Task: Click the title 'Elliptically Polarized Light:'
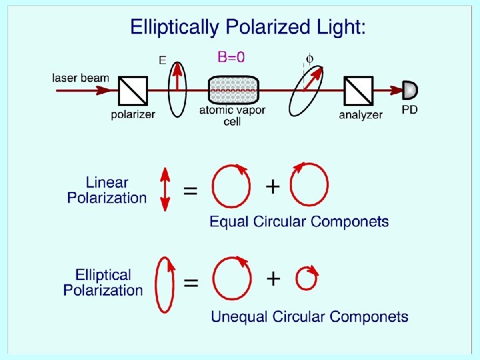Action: pyautogui.click(x=248, y=27)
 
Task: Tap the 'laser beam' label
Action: pyautogui.click(x=81, y=78)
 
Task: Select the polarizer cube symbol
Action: pyautogui.click(x=132, y=91)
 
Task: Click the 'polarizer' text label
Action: pyautogui.click(x=133, y=114)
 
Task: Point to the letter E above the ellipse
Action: pyautogui.click(x=162, y=60)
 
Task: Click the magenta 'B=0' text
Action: pyautogui.click(x=231, y=57)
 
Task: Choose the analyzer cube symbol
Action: pyautogui.click(x=359, y=91)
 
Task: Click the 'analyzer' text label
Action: pyautogui.click(x=361, y=115)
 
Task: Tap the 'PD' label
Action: pyautogui.click(x=409, y=109)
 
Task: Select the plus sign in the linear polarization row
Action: pyautogui.click(x=272, y=187)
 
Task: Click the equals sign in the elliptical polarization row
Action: pyautogui.click(x=191, y=283)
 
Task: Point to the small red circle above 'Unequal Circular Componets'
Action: pyautogui.click(x=306, y=279)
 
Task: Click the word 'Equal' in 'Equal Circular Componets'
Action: pyautogui.click(x=227, y=222)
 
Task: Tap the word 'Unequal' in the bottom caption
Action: pyautogui.click(x=237, y=317)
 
